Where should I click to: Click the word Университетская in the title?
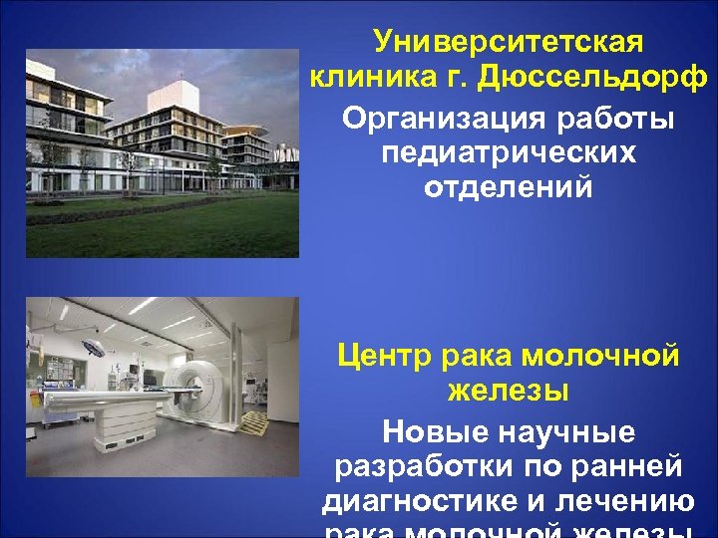[x=509, y=43]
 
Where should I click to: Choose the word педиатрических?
[x=508, y=153]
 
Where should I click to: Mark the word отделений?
[x=508, y=186]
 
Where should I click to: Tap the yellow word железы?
[x=508, y=390]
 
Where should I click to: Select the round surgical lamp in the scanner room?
[x=95, y=348]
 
